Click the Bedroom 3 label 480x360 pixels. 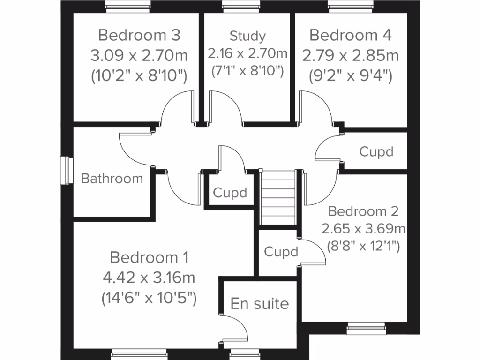coord(139,35)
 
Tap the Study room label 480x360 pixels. coord(247,36)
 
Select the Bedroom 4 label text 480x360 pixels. coord(351,35)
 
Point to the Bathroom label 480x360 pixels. coord(112,178)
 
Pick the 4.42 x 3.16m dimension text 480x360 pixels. coord(149,277)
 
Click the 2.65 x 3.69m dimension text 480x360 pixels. coord(363,229)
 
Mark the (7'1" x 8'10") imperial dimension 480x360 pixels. coord(247,71)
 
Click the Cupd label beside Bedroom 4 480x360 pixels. coord(376,151)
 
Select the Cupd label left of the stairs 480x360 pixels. coord(230,193)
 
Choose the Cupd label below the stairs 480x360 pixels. coord(281,252)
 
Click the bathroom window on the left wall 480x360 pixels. coord(67,170)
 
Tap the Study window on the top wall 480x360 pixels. coord(235,7)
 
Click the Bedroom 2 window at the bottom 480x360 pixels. coord(367,330)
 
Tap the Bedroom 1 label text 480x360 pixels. coord(149,257)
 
